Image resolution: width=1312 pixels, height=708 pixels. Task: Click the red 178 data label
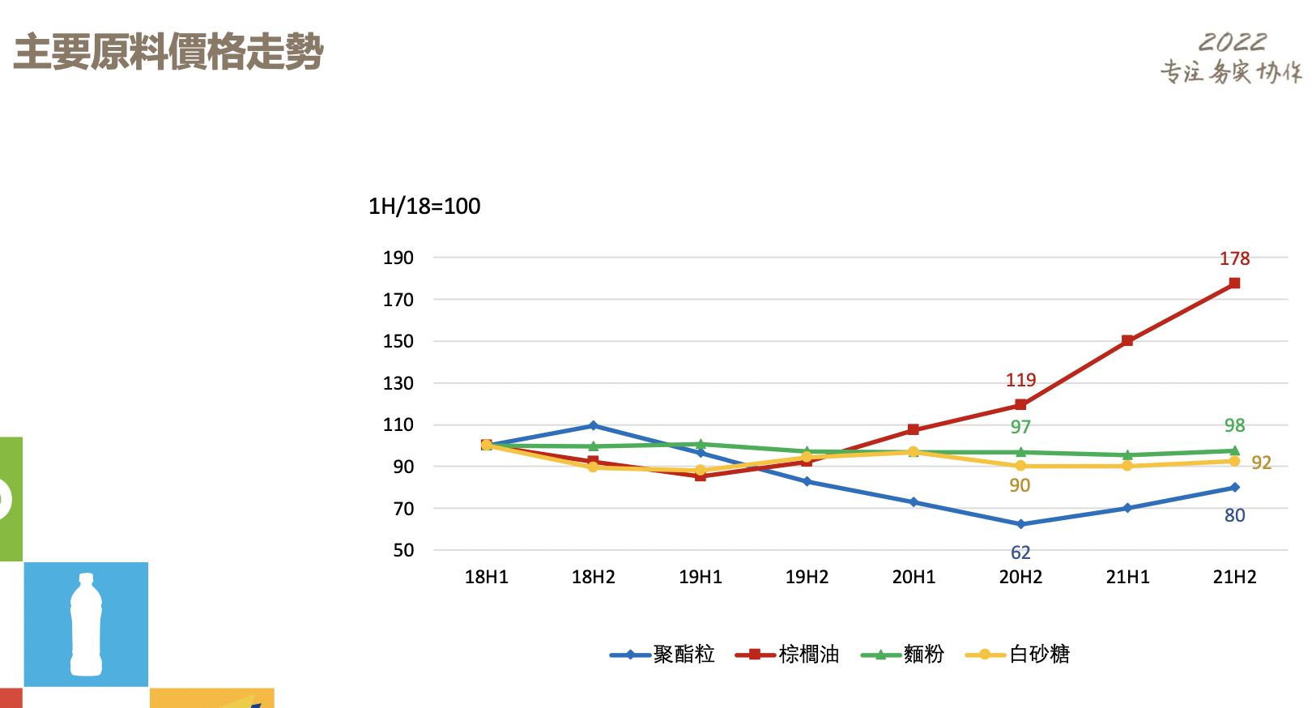point(1234,258)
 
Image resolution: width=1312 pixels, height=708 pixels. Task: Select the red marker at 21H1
point(1127,341)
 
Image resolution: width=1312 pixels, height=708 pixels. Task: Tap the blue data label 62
point(1020,552)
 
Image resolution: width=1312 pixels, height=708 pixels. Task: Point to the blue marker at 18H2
point(594,425)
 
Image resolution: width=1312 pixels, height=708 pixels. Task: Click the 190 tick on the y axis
point(398,258)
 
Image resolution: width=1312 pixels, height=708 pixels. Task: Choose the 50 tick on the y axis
point(403,550)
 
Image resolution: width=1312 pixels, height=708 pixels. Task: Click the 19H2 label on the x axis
point(807,577)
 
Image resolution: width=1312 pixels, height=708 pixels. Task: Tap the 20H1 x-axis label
point(914,577)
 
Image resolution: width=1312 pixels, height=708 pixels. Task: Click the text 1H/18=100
point(424,207)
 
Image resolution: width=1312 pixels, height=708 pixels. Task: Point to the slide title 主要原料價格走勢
point(168,52)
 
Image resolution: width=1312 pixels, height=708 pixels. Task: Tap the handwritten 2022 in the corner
point(1232,42)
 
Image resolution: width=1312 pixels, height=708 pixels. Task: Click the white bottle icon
point(86,625)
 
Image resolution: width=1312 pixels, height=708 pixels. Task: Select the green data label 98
point(1234,425)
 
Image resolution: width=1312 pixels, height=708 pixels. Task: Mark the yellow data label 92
point(1261,463)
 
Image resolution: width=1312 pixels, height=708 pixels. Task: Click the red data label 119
point(1020,380)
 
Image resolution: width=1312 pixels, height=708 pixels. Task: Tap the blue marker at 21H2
point(1234,488)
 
